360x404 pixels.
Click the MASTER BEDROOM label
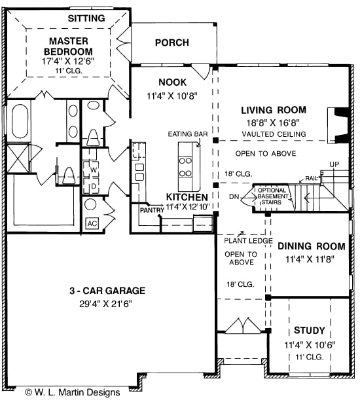tap(67, 46)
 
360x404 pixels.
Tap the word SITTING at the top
tap(86, 18)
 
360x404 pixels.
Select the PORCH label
tap(171, 43)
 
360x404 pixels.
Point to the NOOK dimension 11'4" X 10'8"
tap(172, 95)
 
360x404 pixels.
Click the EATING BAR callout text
tap(188, 134)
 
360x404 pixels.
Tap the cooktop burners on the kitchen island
tap(185, 167)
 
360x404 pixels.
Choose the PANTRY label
tap(151, 210)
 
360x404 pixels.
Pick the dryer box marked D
tap(94, 185)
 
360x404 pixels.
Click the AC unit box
tap(92, 223)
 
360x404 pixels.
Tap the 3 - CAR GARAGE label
tap(108, 291)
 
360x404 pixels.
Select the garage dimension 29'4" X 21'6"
tap(108, 303)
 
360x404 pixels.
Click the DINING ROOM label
tap(311, 247)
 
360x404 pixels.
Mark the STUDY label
tap(309, 331)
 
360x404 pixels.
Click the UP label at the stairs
tap(334, 164)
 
